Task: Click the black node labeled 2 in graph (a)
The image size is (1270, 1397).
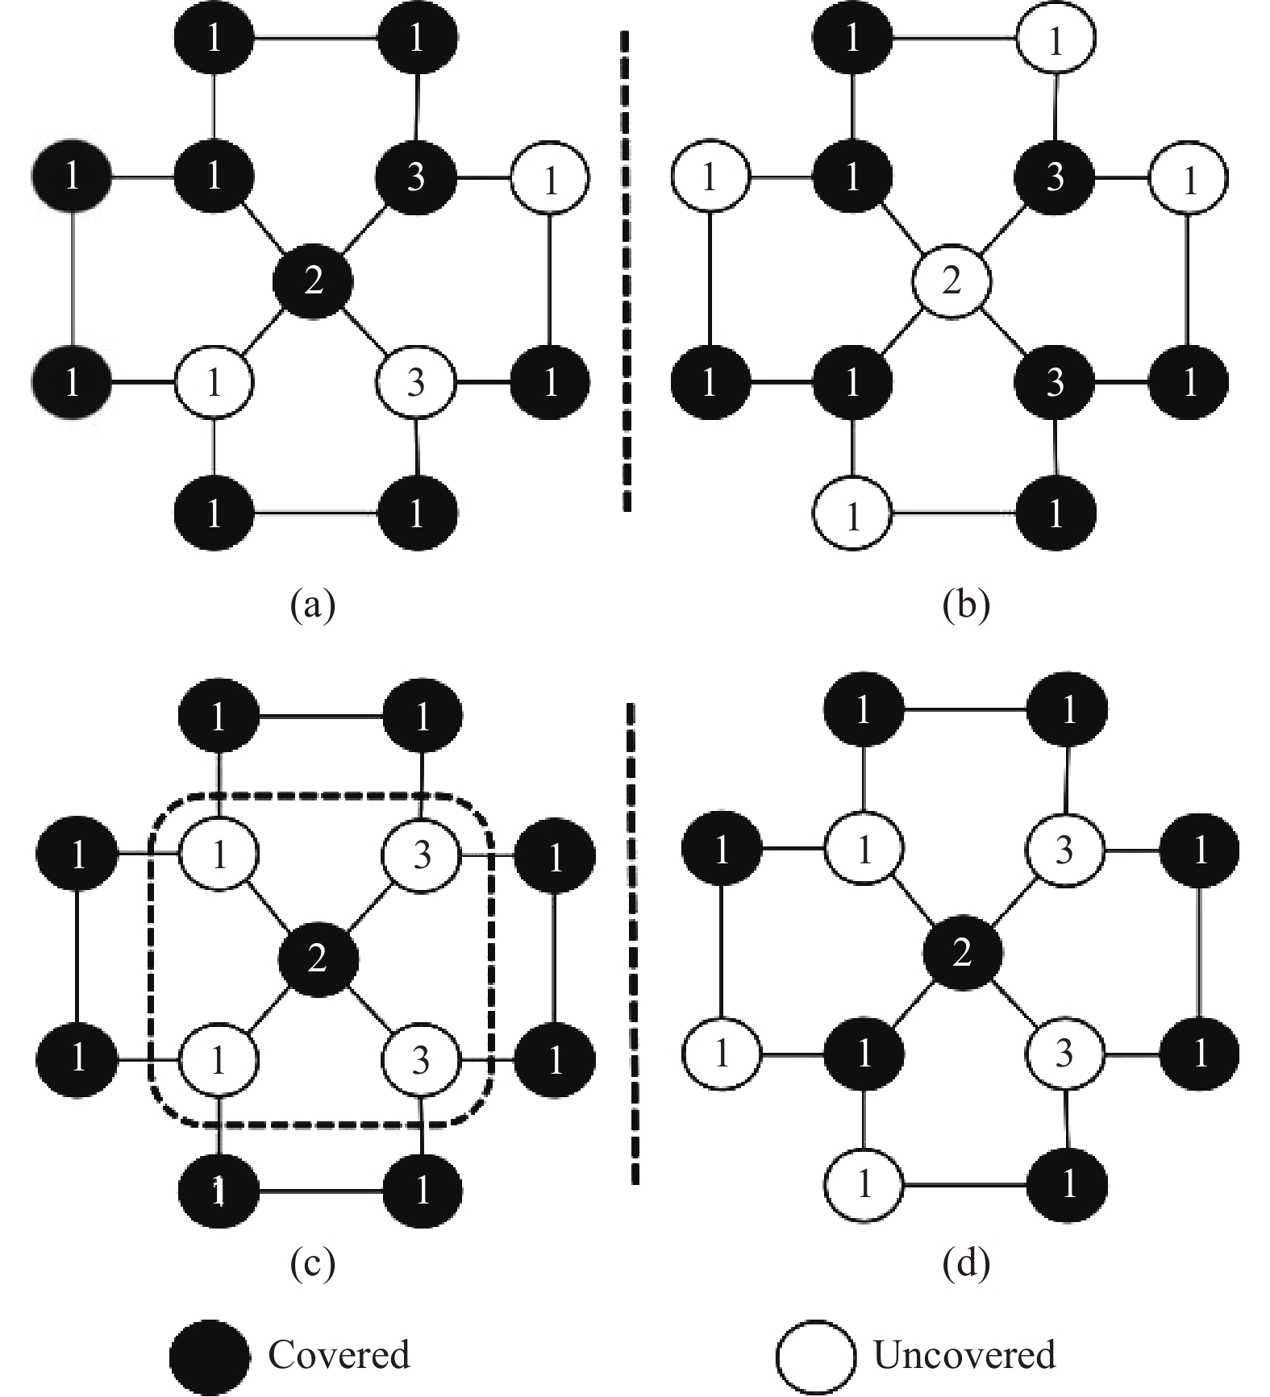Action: tap(313, 281)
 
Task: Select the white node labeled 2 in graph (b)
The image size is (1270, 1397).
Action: tap(951, 281)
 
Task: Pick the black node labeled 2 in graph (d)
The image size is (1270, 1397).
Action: tap(962, 953)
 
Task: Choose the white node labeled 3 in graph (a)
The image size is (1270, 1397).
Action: tap(416, 382)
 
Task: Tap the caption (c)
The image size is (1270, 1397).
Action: tap(312, 1263)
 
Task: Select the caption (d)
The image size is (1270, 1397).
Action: tap(965, 1263)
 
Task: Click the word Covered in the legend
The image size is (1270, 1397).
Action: tap(339, 1355)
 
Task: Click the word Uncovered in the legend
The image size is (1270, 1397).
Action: tap(964, 1355)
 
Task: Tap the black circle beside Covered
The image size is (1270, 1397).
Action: tap(210, 1358)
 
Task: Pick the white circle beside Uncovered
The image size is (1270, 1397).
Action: tap(816, 1358)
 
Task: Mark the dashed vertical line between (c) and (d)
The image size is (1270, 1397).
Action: tap(633, 943)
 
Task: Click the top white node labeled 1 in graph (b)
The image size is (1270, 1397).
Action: tap(1056, 39)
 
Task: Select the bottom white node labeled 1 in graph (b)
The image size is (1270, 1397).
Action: tap(852, 513)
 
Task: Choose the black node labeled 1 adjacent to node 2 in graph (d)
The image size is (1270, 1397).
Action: tap(864, 1053)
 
